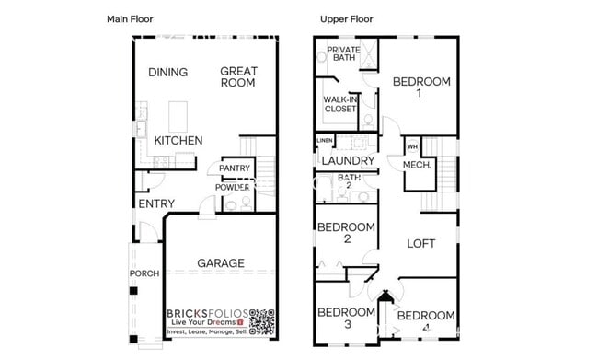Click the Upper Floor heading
346,18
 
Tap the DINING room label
167,73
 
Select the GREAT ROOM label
238,77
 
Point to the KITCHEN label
178,141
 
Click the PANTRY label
236,168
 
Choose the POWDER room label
233,187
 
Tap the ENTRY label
155,203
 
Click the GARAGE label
221,263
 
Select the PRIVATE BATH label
343,53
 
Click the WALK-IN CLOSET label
340,103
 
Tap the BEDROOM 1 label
421,87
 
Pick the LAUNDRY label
347,161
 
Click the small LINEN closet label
325,141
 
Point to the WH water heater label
412,145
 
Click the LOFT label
421,243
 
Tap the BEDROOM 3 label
346,318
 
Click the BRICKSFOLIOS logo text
207,314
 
